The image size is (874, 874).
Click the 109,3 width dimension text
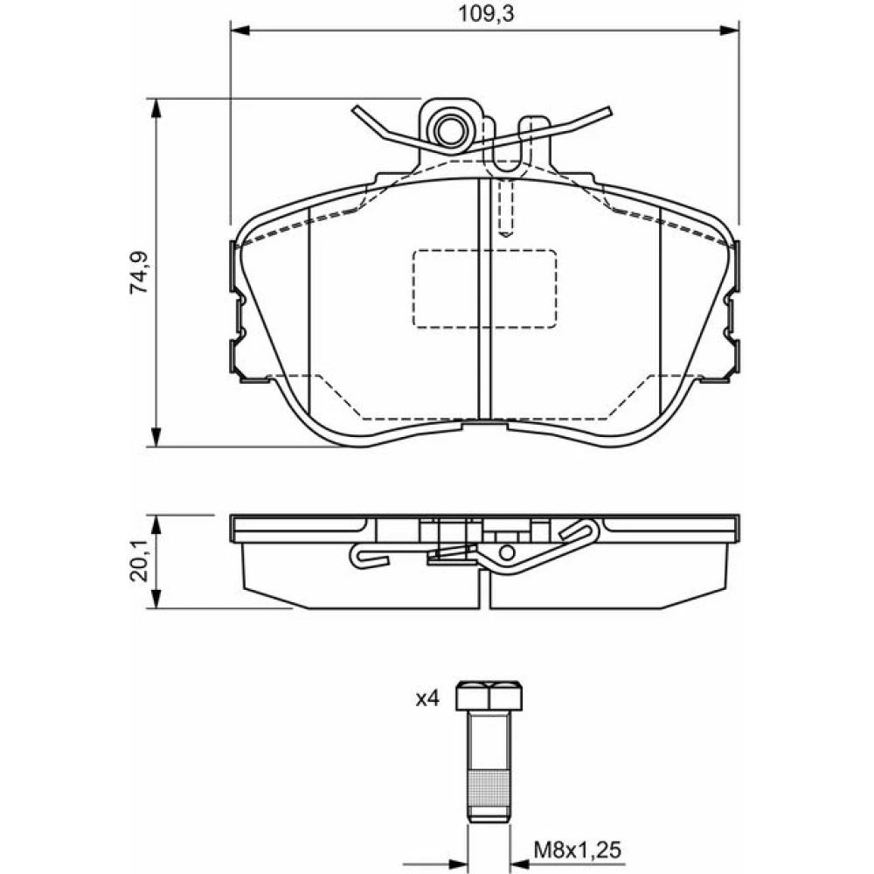click(485, 14)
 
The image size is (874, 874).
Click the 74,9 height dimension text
click(139, 273)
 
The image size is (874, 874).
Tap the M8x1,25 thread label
click(577, 850)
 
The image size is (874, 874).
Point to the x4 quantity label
click(428, 698)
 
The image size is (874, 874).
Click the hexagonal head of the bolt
click(489, 695)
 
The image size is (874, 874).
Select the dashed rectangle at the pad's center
click(484, 288)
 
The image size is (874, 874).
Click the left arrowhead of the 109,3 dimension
click(239, 30)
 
